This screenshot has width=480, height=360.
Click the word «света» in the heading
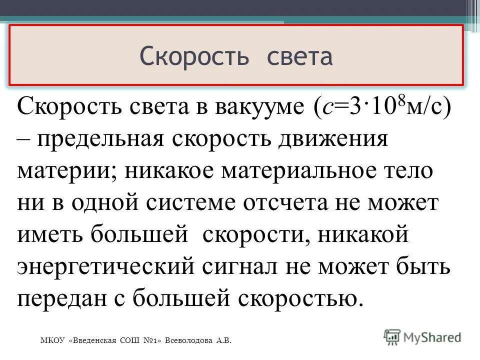(300, 56)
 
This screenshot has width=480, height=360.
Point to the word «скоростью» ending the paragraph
(299, 298)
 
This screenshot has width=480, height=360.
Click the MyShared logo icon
(392, 335)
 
